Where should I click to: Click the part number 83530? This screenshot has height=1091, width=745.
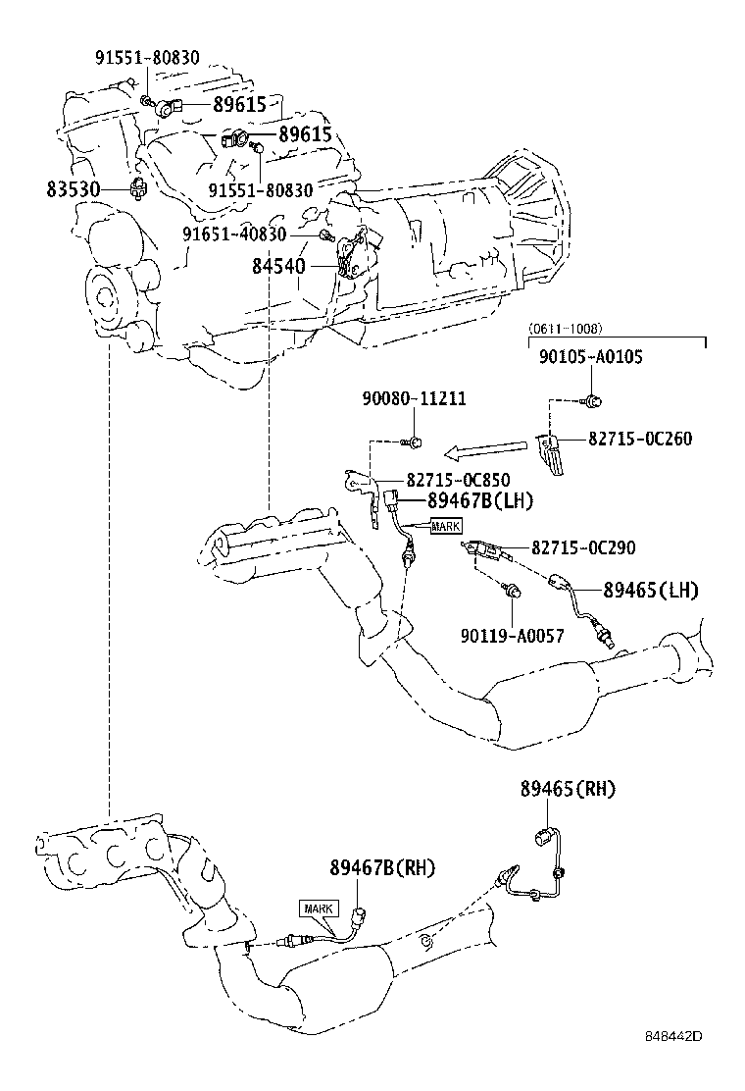point(73,187)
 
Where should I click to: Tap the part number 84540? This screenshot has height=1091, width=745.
point(278,266)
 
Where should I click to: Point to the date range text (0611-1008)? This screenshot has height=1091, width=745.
point(565,329)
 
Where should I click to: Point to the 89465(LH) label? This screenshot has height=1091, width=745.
point(650,590)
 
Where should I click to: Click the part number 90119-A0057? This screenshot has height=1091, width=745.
point(512,635)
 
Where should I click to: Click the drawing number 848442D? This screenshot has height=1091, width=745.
point(674,1064)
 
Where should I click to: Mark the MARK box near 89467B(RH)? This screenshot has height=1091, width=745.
point(319,909)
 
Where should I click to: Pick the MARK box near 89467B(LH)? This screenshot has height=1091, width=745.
point(445,527)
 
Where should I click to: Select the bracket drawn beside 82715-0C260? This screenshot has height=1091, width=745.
point(551,453)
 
